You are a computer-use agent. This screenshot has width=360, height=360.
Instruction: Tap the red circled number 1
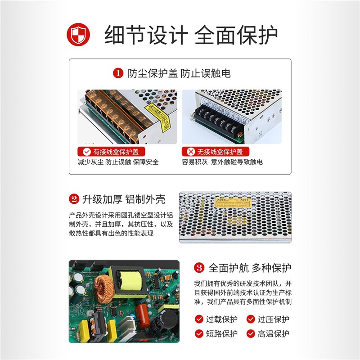coord(117,73)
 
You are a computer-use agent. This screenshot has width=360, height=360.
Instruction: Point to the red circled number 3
coord(199,268)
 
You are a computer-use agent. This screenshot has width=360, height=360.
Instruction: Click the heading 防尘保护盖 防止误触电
coord(179,73)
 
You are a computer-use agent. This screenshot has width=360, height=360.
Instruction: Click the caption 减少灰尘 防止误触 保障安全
coord(118,162)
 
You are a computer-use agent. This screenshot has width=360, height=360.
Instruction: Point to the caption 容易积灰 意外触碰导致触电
coord(222,162)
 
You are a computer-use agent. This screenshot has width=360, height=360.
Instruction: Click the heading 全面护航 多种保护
coord(250,268)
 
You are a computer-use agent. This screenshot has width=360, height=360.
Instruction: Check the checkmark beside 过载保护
coord(199,319)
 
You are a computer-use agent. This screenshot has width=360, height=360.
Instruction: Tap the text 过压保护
coord(273,319)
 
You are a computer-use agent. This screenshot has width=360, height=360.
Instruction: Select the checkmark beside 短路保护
coord(199,333)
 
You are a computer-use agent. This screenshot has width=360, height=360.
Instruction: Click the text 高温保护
coord(273,333)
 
